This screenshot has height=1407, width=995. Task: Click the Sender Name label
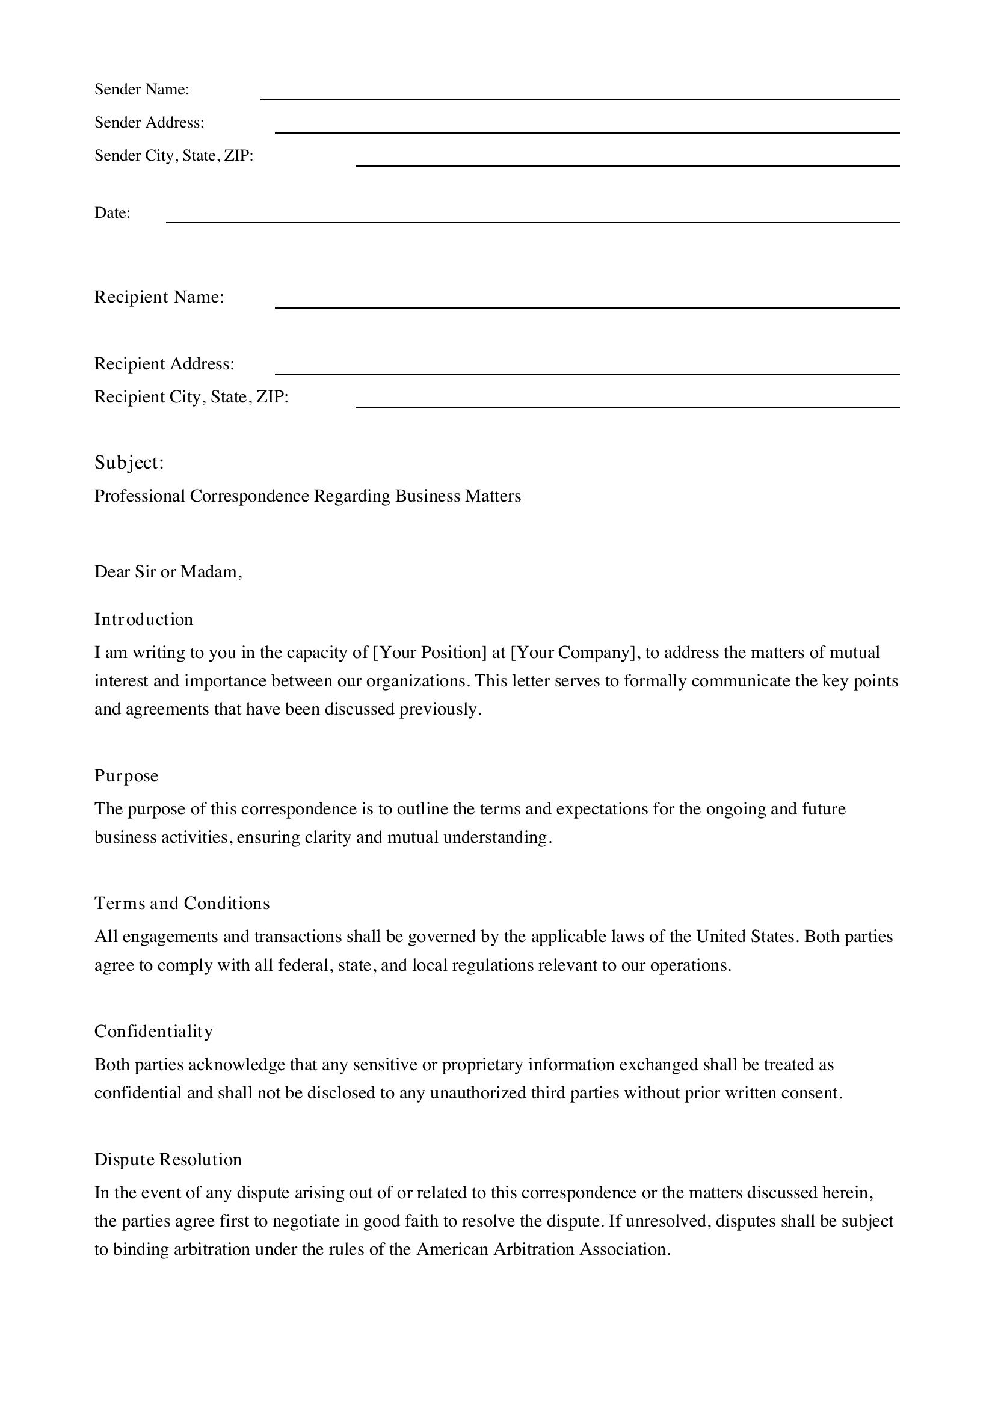(141, 90)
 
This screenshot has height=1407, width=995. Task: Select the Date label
(112, 212)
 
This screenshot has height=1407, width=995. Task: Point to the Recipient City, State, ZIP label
(191, 397)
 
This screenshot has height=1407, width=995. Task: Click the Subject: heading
(129, 463)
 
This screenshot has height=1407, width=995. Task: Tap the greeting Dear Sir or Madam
(168, 571)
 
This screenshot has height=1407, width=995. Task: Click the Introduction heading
(143, 619)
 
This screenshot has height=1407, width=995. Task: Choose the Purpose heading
(126, 776)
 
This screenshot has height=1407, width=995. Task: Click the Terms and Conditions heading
(182, 904)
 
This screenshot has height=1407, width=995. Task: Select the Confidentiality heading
(154, 1032)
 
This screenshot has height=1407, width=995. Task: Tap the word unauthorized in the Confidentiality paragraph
(476, 1092)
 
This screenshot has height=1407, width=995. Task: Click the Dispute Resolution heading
(168, 1159)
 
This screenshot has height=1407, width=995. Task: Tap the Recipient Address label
(164, 364)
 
